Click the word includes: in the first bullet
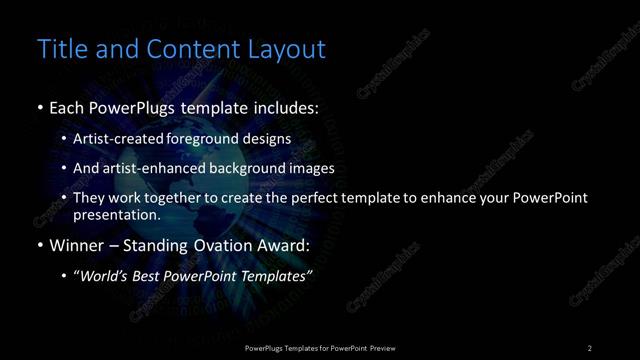point(286,107)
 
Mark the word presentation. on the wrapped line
point(117,214)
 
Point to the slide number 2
point(590,348)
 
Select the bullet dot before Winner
point(39,245)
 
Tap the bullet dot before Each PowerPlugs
point(39,107)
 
